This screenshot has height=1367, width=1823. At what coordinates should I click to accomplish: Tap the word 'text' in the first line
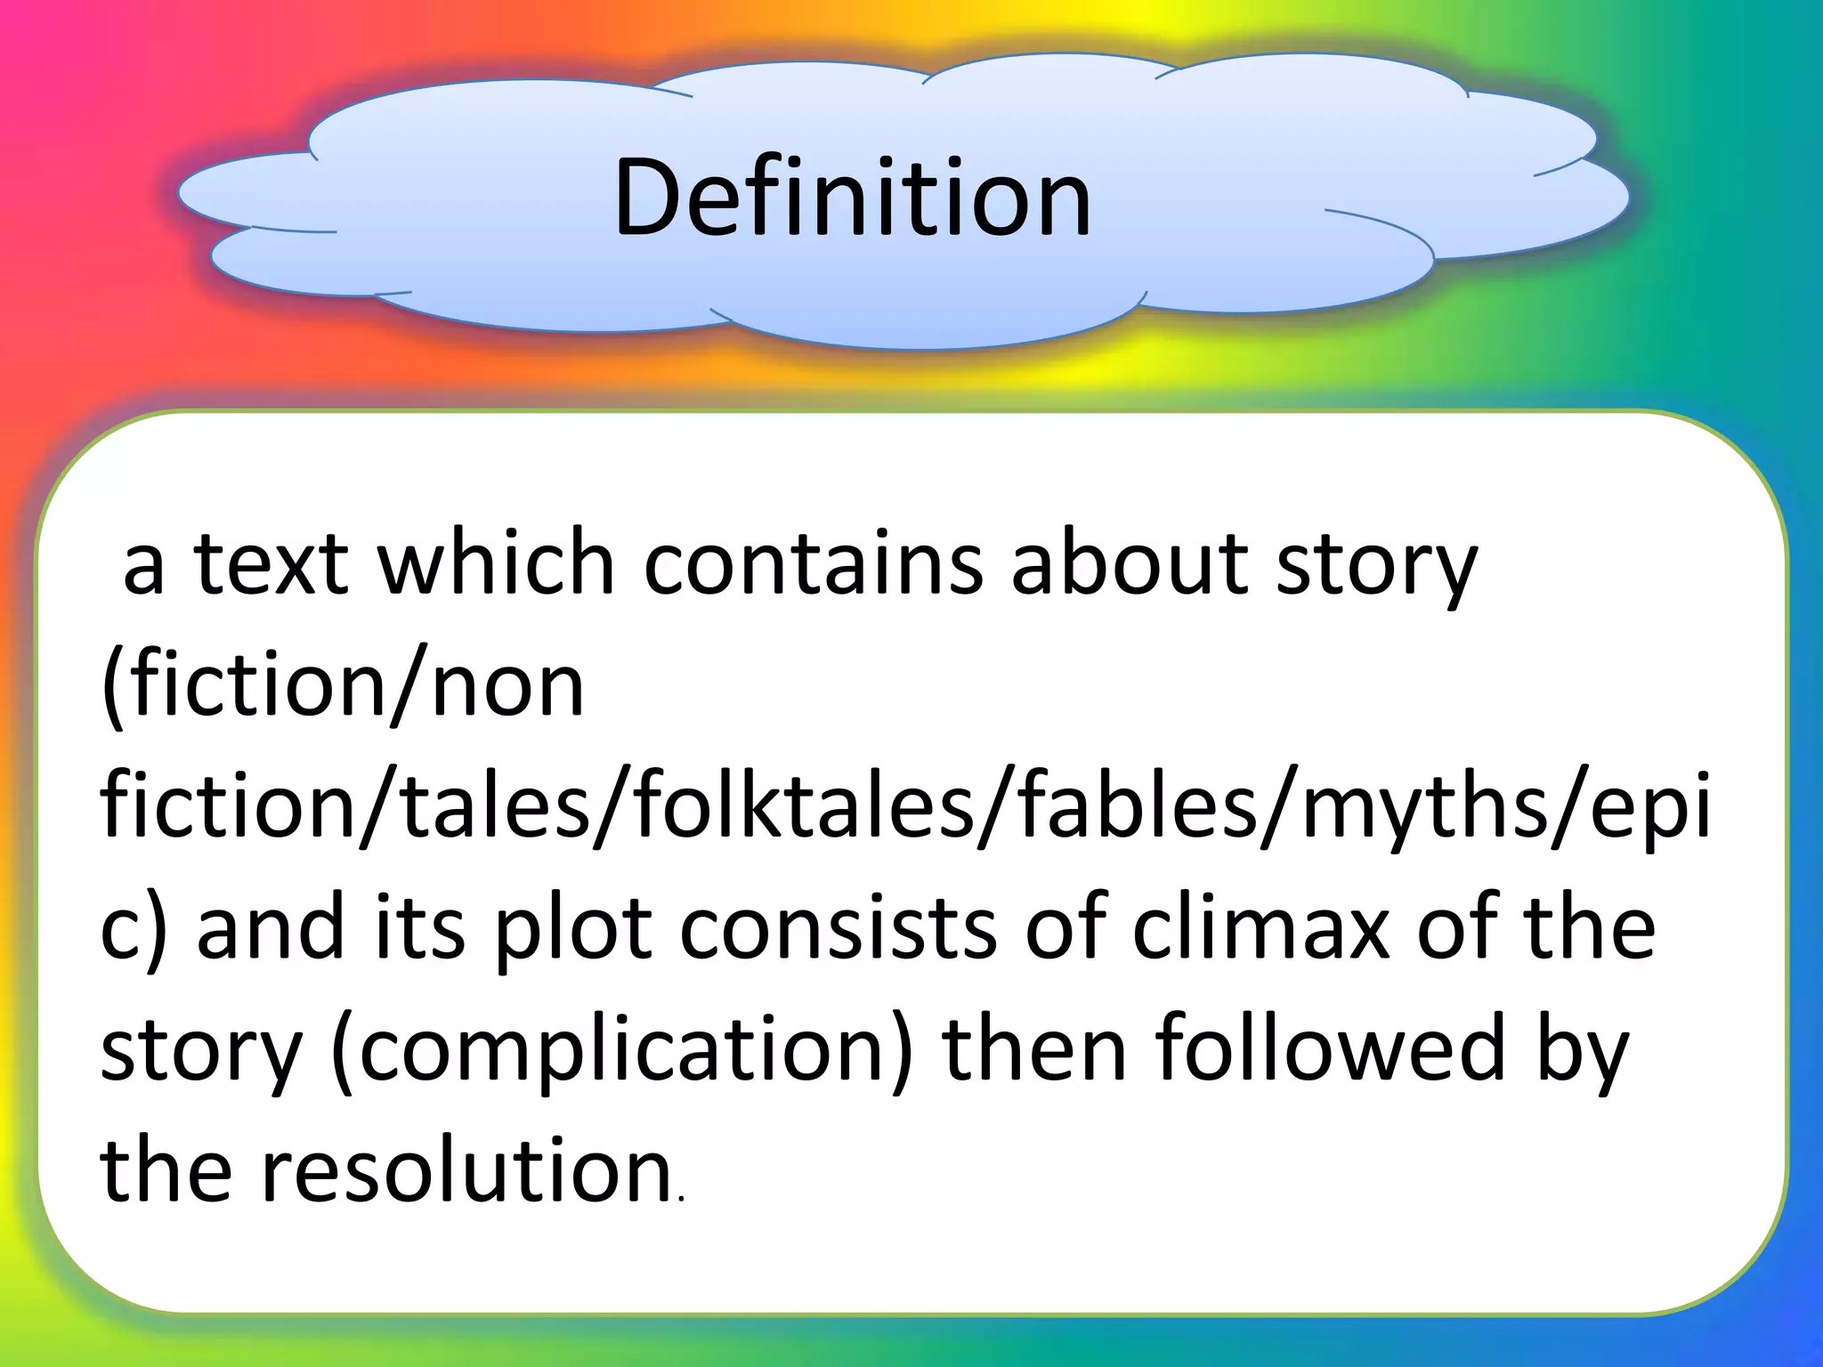271,562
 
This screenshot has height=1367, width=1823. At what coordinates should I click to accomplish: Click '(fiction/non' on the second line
343,685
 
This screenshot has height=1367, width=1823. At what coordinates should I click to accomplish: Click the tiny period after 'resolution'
681,1201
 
